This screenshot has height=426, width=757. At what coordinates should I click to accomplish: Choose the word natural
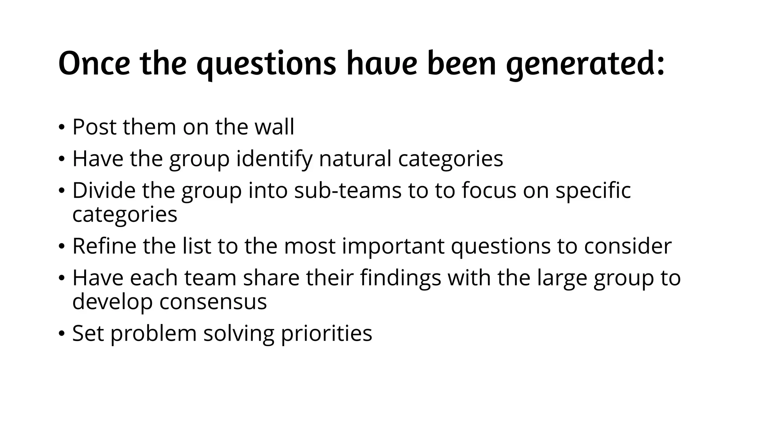355,159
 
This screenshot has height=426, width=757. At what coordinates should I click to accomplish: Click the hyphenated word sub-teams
348,190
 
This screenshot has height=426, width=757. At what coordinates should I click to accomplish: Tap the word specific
593,190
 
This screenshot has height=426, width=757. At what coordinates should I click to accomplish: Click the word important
393,246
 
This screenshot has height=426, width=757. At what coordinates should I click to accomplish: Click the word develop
112,301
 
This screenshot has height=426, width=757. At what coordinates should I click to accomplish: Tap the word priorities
326,333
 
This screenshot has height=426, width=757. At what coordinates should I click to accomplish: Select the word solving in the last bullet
239,333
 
